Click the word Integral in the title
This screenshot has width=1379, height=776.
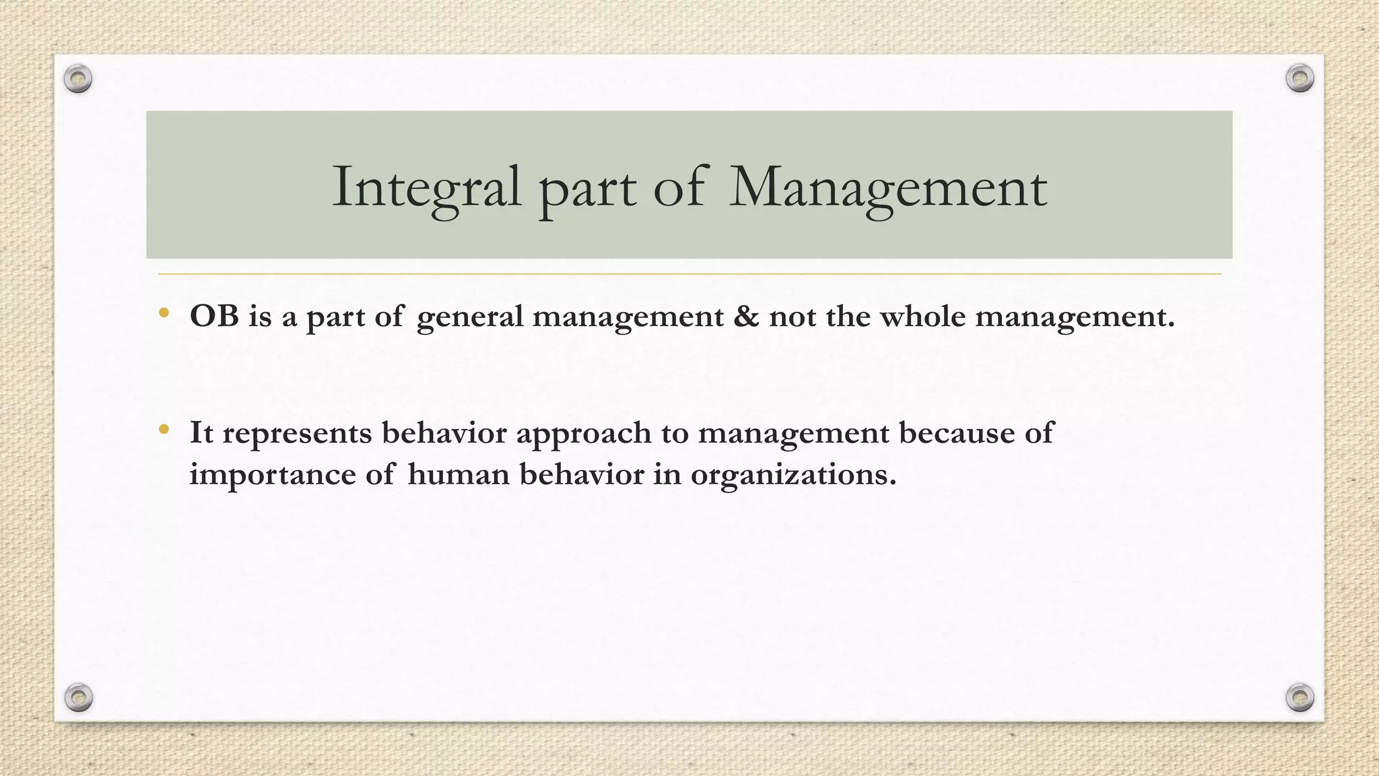point(427,187)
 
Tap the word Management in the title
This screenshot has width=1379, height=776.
point(888,187)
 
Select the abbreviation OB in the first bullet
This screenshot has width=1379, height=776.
point(214,315)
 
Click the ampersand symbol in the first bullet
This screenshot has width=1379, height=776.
point(745,315)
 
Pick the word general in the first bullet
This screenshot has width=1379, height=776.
point(469,317)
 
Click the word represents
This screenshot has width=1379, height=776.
point(297,433)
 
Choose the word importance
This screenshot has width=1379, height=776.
point(272,475)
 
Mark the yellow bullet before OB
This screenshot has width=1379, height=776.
point(164,312)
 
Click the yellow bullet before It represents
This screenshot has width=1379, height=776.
point(164,428)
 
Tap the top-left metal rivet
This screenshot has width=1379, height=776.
point(78,79)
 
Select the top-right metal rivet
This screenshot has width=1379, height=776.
point(1300,79)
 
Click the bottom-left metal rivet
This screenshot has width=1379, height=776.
point(79,697)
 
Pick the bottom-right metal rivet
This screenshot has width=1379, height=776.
point(1300,697)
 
